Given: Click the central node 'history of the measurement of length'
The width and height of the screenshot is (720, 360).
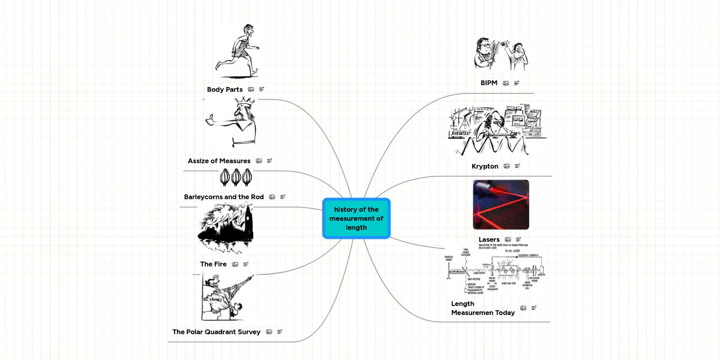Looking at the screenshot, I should pos(356,218).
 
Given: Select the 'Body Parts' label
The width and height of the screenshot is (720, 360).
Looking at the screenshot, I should pos(224,89).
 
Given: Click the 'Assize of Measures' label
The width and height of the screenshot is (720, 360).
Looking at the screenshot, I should pos(219,161).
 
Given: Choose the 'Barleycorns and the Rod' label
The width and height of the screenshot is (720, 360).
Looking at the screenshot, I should pos(224,197).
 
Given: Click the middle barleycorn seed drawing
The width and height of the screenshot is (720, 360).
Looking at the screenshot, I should pos(236,177).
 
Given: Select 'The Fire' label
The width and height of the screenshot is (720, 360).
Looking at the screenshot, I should pos(213,264).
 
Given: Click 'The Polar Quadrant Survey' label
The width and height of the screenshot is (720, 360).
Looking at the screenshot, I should pos(217,332).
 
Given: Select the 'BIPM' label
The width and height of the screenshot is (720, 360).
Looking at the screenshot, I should pos(489,83).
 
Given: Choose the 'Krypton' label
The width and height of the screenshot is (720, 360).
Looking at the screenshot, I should pos(485,166).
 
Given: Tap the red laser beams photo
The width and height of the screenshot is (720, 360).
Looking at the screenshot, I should pos(501,205).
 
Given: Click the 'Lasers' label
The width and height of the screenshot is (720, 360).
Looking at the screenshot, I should pos(489,239).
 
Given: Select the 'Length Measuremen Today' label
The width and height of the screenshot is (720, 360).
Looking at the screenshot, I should pos(482,308).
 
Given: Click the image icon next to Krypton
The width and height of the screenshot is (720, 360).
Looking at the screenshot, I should pos(506,166).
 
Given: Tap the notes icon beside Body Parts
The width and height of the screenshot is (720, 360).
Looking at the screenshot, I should pos(262,89).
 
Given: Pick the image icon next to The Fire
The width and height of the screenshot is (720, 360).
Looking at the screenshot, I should pos(235,264).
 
